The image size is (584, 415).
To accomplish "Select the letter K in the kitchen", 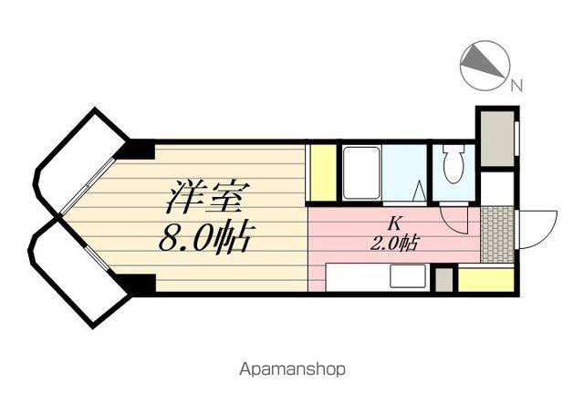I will point(393,223).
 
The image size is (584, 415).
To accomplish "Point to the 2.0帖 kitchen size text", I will point(394,243).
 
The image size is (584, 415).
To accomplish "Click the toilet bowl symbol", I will point(453,167).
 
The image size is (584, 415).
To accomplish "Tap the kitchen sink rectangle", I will point(409,276).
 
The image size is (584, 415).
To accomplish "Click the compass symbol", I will point(485,67).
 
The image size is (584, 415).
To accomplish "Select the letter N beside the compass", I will point(516,87).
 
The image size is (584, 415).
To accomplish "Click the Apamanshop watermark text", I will point(292,369).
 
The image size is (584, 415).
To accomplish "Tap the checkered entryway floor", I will point(497,233).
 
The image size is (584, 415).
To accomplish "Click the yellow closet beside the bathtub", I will point(322,172).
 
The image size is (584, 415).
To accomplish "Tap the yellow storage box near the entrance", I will point(485,279).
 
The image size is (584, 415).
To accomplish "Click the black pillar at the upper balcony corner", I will point(139,150).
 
